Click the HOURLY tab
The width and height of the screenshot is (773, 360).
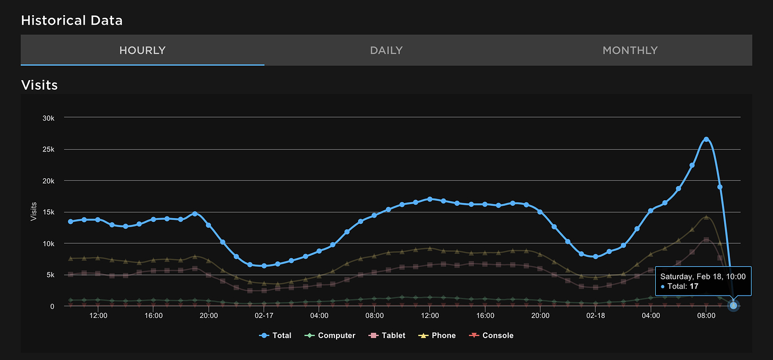click(142, 50)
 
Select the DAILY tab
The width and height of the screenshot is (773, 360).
click(386, 50)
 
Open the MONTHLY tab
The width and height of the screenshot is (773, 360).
click(629, 50)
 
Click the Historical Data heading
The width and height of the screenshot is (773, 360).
click(72, 21)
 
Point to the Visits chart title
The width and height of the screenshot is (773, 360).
click(39, 85)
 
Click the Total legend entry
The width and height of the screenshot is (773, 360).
click(275, 335)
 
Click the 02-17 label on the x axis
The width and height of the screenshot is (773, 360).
click(264, 316)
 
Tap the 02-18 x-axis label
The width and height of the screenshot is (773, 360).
click(595, 316)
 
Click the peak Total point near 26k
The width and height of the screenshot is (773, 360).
click(706, 139)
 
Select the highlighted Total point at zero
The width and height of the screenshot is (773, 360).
click(733, 306)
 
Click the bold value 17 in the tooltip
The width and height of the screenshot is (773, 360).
click(693, 287)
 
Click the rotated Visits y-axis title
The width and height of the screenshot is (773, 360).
click(34, 211)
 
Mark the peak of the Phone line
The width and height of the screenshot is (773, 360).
click(706, 216)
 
